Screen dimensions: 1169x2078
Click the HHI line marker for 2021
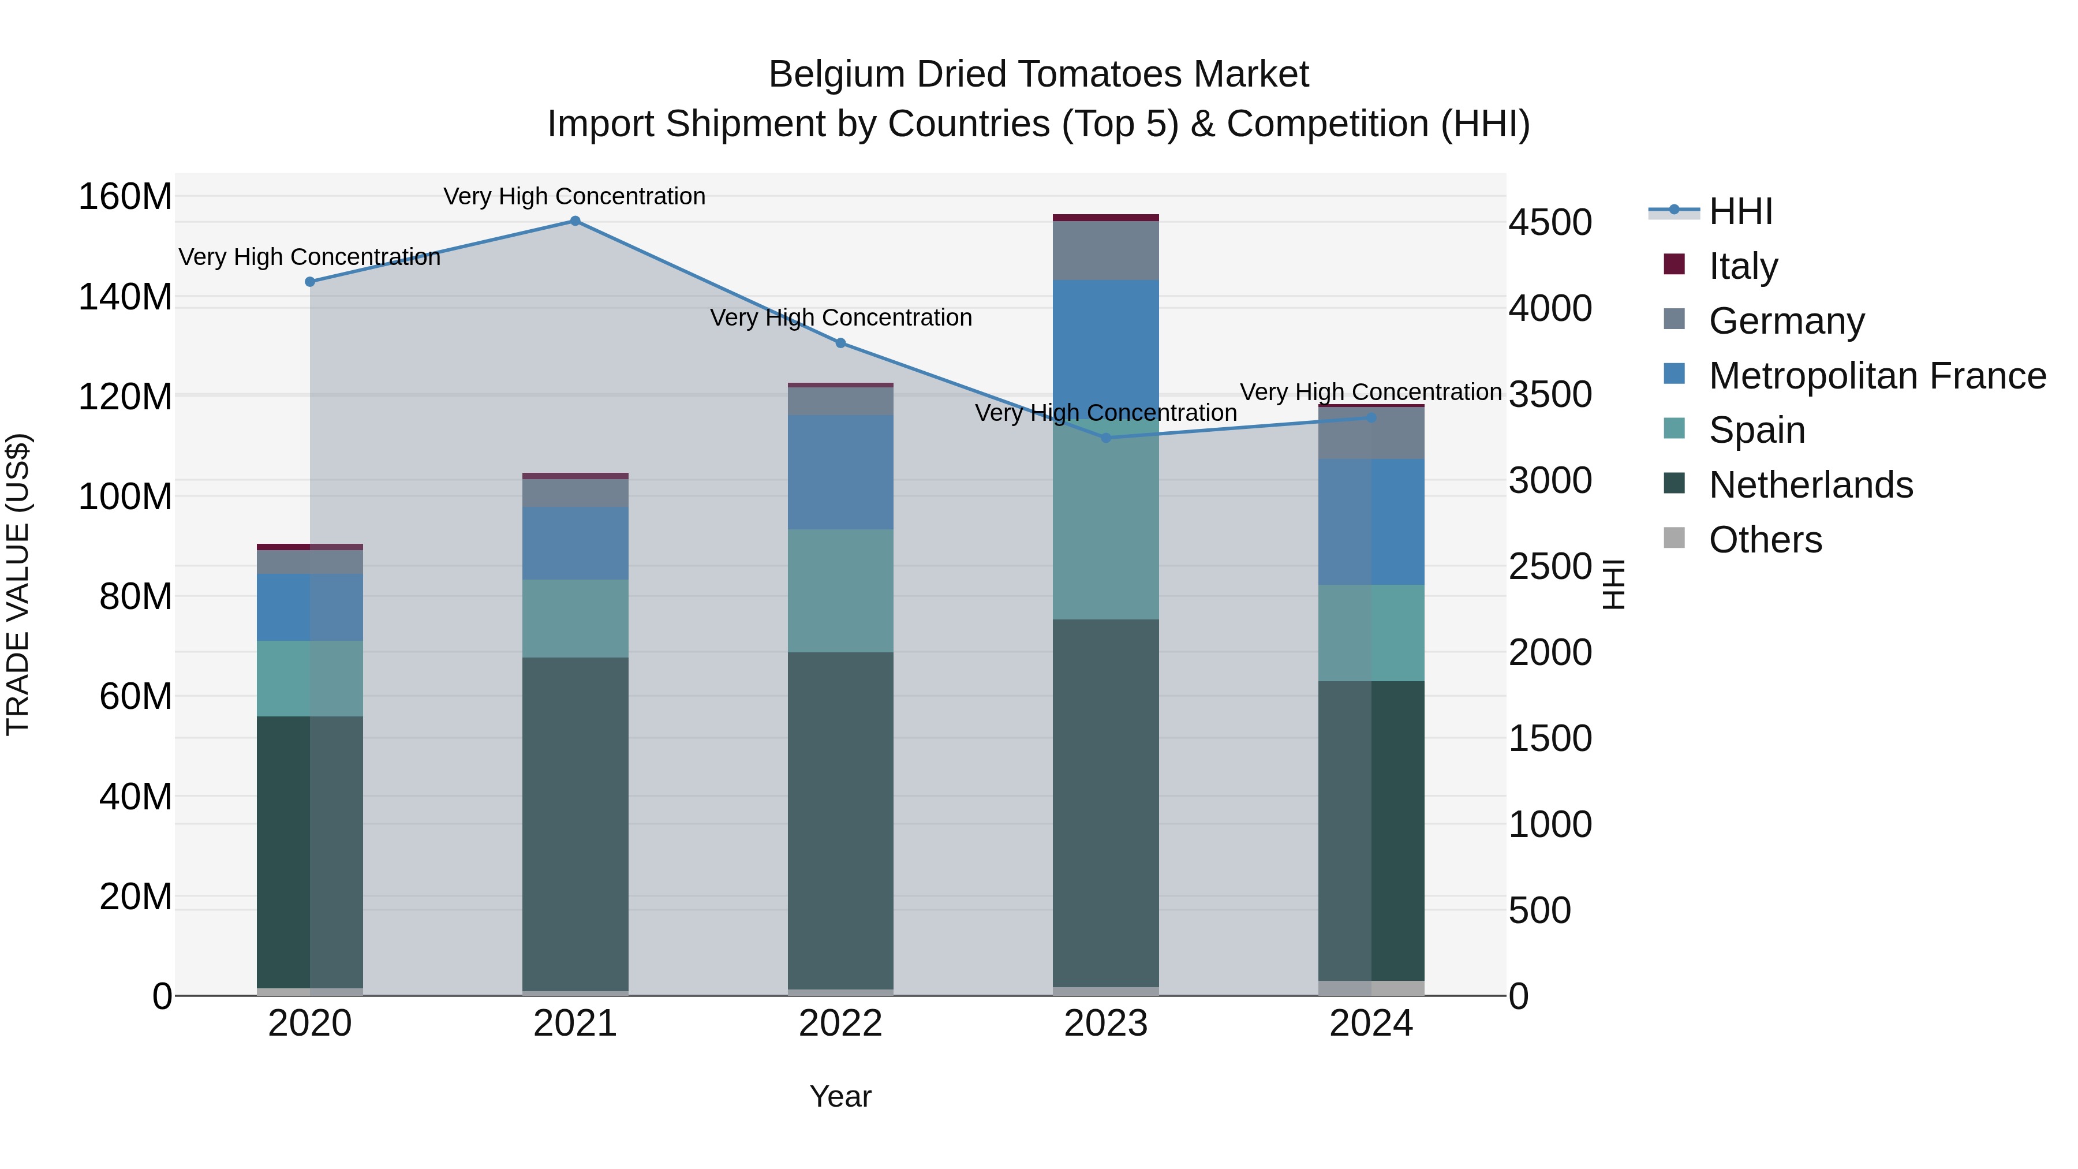(x=575, y=221)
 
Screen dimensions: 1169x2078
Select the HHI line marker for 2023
(x=1106, y=438)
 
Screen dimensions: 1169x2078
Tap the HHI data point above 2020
(x=310, y=282)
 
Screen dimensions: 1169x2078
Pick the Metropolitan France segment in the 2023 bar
(x=1106, y=347)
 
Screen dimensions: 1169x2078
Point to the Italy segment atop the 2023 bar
(x=1106, y=218)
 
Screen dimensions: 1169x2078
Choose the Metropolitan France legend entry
(x=1877, y=376)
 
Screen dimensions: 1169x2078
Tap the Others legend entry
(x=1765, y=540)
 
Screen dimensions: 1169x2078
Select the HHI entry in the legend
(x=1740, y=211)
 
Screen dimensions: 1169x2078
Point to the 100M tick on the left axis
(x=125, y=496)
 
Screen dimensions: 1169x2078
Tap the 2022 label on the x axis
(x=840, y=1024)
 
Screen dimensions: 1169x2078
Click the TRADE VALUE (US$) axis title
(x=18, y=584)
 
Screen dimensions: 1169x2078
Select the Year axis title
(x=840, y=1096)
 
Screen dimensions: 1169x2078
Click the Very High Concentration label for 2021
(x=574, y=196)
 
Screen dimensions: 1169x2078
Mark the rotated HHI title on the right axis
(x=1613, y=584)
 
